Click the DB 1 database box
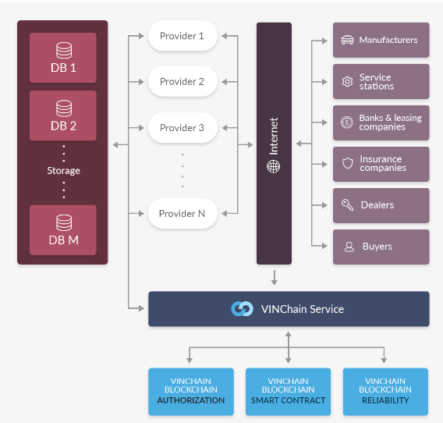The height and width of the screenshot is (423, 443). click(63, 58)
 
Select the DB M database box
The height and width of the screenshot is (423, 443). click(63, 230)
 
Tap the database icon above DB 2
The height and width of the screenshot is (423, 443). click(64, 108)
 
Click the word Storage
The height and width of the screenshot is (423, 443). click(64, 170)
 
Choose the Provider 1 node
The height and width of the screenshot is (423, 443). click(183, 36)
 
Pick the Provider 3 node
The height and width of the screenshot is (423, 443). click(183, 127)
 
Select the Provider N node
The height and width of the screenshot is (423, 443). click(183, 214)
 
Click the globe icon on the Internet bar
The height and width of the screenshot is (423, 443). click(274, 166)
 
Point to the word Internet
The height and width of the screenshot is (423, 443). click(274, 137)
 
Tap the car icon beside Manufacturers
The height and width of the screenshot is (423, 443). click(347, 40)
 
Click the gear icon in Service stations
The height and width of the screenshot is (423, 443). click(347, 81)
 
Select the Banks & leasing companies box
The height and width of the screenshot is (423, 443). click(381, 123)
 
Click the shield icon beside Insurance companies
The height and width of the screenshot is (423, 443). click(348, 163)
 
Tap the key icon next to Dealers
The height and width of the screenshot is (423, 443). click(347, 204)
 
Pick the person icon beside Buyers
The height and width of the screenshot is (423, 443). click(349, 247)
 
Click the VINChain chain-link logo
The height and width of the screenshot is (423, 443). click(242, 309)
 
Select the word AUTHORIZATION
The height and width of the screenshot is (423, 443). click(191, 400)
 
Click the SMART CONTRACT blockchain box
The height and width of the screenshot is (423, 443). click(288, 392)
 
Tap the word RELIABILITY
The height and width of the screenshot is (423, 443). click(385, 400)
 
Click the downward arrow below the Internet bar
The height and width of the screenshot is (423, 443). click(274, 278)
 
